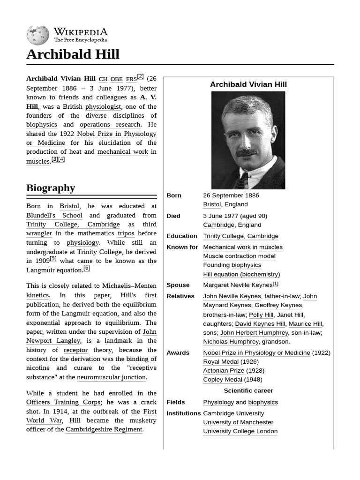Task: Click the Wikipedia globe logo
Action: click(x=37, y=36)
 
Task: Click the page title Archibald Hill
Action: click(x=73, y=54)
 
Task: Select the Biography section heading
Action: click(x=51, y=188)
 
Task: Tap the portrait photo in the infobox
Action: click(x=248, y=140)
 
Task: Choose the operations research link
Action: click(x=110, y=125)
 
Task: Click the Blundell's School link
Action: click(x=54, y=215)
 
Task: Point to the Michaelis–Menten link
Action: click(x=129, y=286)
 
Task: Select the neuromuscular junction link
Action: click(x=112, y=377)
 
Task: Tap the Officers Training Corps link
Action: click(x=63, y=402)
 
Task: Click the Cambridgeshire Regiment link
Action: click(x=104, y=429)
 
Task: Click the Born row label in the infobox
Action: click(x=174, y=195)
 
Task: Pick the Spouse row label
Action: click(x=178, y=285)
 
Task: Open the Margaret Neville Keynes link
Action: click(x=237, y=285)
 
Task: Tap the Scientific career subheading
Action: click(x=248, y=390)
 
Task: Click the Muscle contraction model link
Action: click(x=239, y=256)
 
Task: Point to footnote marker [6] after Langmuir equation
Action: click(x=87, y=268)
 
